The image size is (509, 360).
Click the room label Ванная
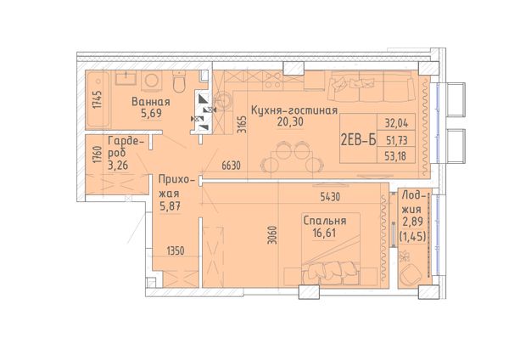point(151,102)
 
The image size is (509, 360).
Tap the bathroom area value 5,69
point(151,114)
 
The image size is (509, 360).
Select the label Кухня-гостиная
point(294,110)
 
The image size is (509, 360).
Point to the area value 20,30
point(290,122)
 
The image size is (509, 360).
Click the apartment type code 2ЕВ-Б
point(358,140)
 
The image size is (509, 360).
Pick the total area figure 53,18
point(395,156)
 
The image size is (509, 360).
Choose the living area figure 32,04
point(396,123)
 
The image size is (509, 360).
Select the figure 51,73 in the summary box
point(396,140)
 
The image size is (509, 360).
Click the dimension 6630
point(231,166)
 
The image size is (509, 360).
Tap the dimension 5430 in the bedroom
point(330,197)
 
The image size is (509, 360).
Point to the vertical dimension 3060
point(273,235)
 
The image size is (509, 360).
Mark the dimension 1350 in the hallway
point(176,250)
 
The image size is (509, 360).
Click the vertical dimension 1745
point(97,99)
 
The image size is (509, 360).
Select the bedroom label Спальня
point(325,221)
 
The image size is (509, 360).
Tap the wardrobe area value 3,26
point(118,166)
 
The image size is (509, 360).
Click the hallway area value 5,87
point(170,206)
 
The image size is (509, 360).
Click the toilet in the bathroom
point(179,82)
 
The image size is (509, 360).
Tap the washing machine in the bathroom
point(151,81)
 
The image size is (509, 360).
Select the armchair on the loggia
point(411,274)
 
